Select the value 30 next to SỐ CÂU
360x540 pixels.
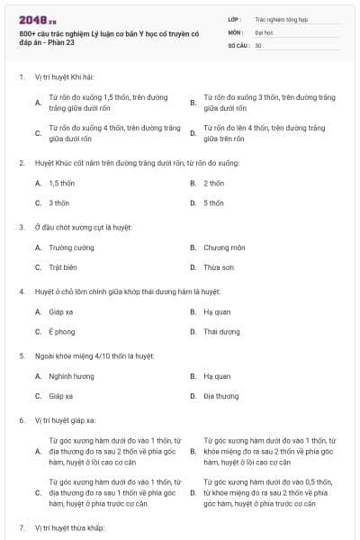point(258,45)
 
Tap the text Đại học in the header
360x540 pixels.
point(262,31)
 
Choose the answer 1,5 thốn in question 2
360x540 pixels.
point(62,183)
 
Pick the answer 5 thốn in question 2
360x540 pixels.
point(213,202)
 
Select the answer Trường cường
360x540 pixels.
point(71,247)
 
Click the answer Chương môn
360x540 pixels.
point(224,247)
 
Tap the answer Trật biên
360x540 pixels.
point(64,267)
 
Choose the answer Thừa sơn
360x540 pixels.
point(219,267)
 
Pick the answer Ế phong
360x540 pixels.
point(61,331)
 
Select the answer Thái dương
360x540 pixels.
point(221,331)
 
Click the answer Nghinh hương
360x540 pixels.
point(71,376)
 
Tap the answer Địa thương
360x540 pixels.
point(220,396)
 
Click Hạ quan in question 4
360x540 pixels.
point(217,311)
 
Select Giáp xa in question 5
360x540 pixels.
point(61,396)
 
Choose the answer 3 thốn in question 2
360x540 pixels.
point(58,202)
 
